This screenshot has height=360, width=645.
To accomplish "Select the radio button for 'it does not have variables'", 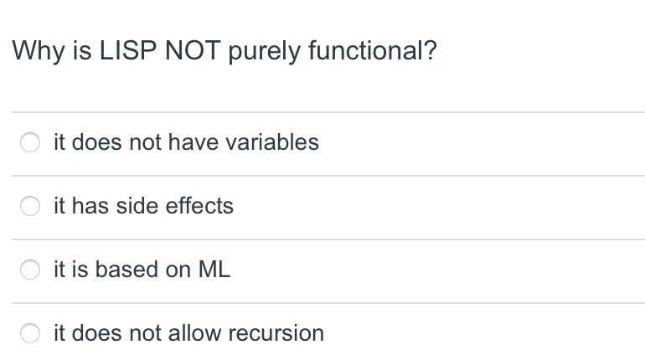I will [30, 143].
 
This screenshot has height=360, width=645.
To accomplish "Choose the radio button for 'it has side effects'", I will [30, 207].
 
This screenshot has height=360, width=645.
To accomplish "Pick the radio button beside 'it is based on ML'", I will [30, 270].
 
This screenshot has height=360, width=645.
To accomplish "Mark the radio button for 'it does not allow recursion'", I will [30, 334].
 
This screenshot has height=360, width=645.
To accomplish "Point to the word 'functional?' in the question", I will [372, 52].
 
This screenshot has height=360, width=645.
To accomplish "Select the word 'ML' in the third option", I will [214, 270].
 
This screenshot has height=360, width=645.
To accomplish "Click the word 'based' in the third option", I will [126, 270].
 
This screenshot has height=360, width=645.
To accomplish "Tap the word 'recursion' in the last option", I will [276, 333].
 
